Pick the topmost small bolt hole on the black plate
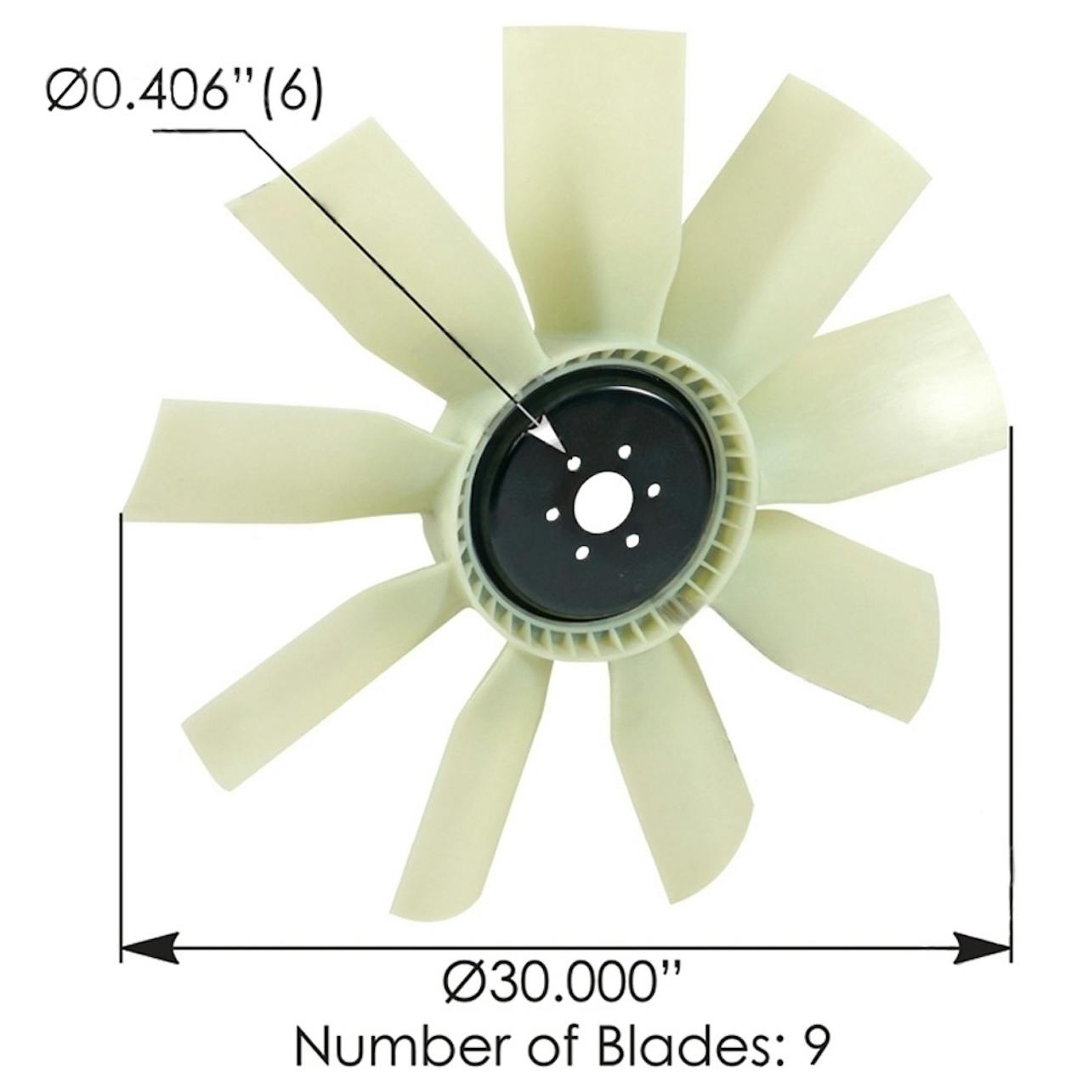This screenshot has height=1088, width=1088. [624, 451]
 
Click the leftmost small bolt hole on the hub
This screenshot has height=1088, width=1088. [552, 513]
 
